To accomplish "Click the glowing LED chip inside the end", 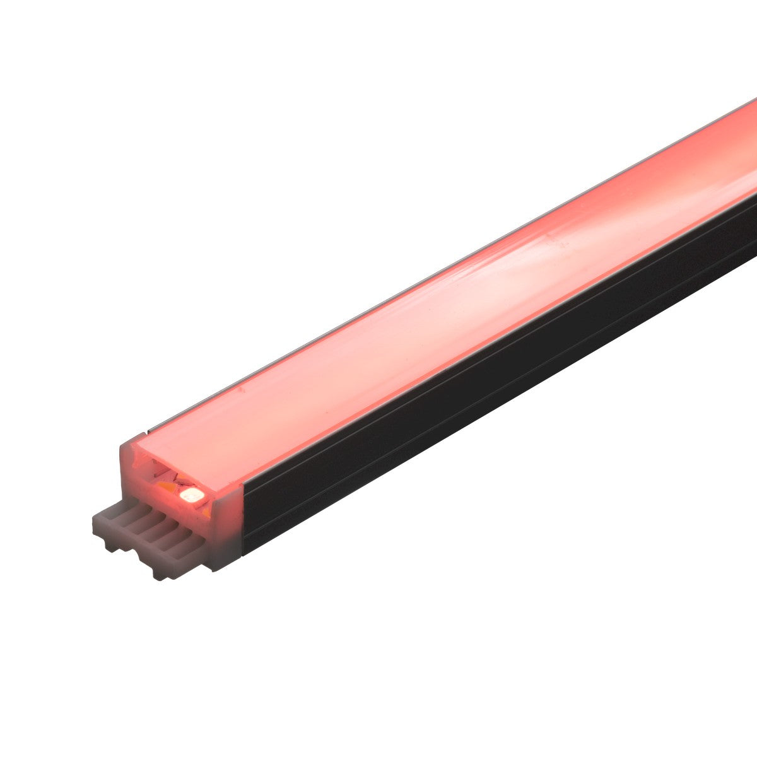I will (x=190, y=496).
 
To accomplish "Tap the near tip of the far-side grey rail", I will (x=146, y=431).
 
